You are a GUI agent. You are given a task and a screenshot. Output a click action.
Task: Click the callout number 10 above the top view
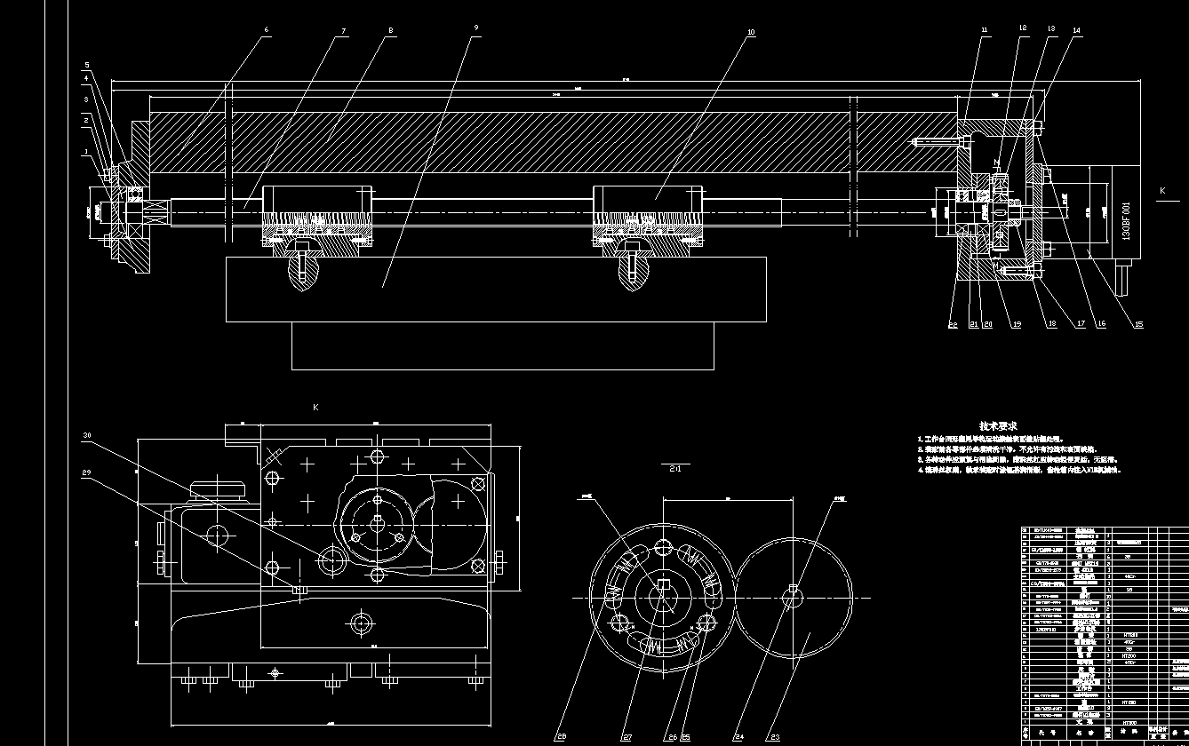tap(751, 32)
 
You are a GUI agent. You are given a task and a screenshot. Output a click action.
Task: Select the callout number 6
tap(266, 29)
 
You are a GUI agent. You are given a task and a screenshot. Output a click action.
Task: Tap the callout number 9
tap(476, 28)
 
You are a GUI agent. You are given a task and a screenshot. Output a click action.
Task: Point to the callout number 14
tap(1077, 30)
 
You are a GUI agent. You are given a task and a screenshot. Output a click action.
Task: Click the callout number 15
tap(1139, 324)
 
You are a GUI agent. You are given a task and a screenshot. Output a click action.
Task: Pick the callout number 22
tap(953, 324)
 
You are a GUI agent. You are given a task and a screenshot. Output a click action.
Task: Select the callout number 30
tap(86, 436)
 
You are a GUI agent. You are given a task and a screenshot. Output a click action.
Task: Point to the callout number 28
tap(561, 736)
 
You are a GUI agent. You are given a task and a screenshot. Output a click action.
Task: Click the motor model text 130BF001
tap(1126, 222)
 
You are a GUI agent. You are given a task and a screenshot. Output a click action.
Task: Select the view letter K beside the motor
tap(1161, 190)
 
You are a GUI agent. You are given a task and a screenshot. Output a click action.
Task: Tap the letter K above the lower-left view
tap(315, 407)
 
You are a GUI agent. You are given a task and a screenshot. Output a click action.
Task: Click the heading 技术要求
tap(998, 426)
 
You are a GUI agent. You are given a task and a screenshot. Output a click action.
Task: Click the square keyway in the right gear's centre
tap(793, 590)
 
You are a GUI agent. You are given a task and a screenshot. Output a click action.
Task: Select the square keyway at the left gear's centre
tap(661, 583)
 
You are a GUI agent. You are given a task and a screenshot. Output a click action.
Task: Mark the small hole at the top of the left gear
tap(663, 545)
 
